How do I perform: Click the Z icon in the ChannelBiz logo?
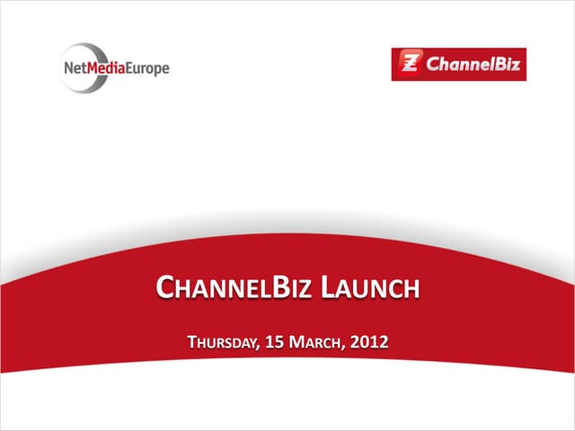click(409, 65)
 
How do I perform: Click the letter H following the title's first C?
click(181, 290)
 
